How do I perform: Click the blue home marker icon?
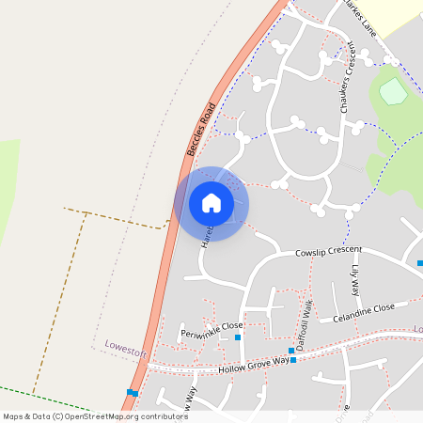211,203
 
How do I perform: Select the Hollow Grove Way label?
253,365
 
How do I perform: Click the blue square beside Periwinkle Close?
238,337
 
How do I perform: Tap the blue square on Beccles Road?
133,392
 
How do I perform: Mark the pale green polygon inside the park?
393,92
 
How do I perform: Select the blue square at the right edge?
419,263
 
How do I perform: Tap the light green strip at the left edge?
8,188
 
